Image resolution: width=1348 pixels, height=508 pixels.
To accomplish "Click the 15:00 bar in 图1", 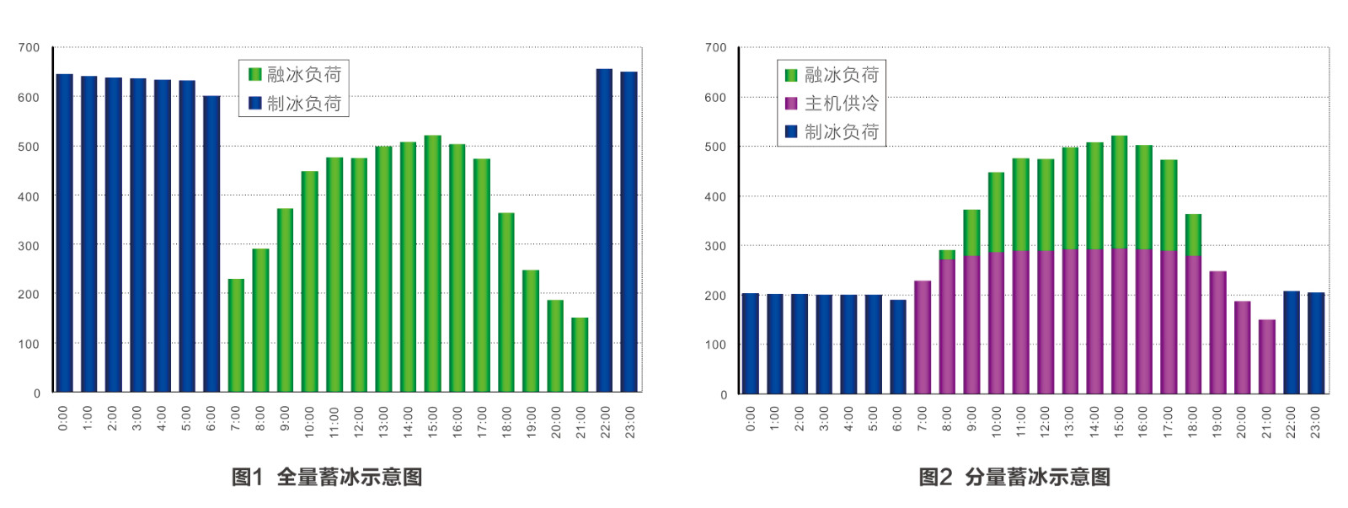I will click(432, 264).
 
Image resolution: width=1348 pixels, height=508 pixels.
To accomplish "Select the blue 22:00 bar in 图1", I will click(604, 230).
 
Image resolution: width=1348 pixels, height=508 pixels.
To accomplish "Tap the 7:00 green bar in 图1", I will click(236, 335).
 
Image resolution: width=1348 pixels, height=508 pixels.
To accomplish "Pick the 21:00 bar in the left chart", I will click(580, 355).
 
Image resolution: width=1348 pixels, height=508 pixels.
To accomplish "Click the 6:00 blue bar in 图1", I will click(211, 243).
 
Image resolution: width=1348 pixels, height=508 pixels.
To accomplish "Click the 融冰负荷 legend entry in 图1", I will click(295, 75).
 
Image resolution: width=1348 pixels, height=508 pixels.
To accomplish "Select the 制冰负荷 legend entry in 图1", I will click(295, 104).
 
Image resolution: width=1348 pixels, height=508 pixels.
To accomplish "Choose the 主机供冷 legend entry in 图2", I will click(832, 104).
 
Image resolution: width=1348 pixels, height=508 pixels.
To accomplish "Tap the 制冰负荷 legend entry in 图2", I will click(832, 132).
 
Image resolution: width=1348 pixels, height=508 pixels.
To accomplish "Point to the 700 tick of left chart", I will click(29, 48).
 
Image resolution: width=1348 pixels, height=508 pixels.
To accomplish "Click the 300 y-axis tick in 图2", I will click(715, 246).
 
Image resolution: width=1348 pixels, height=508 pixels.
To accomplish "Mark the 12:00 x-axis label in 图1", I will click(359, 422).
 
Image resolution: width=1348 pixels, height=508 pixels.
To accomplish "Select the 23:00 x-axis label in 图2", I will click(1316, 422).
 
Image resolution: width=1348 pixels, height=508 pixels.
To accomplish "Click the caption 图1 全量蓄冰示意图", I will click(327, 477).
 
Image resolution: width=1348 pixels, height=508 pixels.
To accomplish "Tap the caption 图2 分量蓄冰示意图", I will click(1014, 477).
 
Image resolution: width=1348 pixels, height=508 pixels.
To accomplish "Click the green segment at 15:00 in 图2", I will click(1119, 192).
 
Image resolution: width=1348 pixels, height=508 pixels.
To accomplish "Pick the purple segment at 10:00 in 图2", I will click(996, 323).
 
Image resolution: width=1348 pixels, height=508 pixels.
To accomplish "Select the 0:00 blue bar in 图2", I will click(750, 343).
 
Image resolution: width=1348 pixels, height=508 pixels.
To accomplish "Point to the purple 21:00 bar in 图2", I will click(1267, 356).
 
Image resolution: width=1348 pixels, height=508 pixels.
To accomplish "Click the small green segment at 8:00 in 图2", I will click(947, 254).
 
